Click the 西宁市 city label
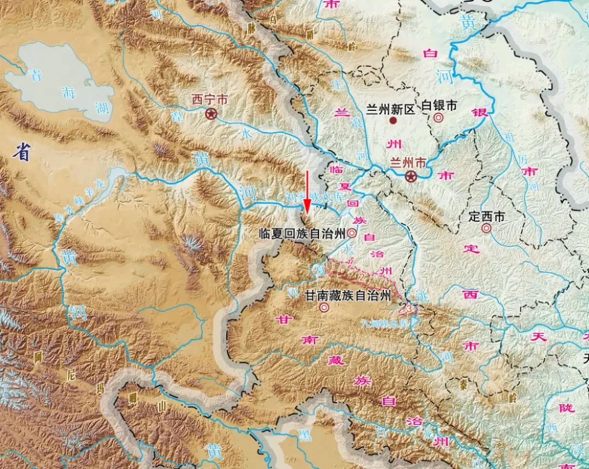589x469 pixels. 209,100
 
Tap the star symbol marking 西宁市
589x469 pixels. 211,114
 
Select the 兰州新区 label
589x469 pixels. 390,109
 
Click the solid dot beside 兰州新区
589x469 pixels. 393,120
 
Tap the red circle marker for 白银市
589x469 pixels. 438,117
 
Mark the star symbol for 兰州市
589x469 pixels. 411,176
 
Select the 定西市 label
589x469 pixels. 486,216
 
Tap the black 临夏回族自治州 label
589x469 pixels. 302,234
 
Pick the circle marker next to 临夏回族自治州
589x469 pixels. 352,233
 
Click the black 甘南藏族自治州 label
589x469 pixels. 347,296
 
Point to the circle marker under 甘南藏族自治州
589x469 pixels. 324,308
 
